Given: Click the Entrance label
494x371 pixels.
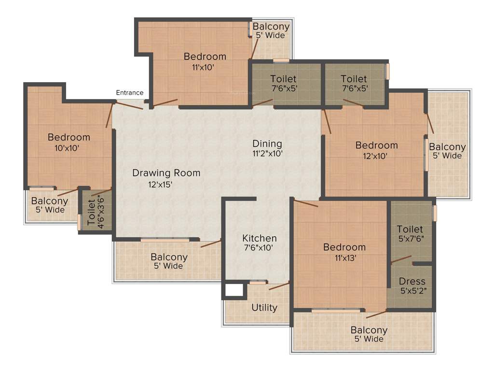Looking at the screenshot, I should click(x=129, y=93).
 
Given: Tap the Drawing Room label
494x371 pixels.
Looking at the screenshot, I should click(x=166, y=173).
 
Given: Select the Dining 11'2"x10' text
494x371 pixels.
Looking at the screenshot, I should click(x=267, y=148).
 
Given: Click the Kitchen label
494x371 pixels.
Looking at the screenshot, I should click(x=260, y=238).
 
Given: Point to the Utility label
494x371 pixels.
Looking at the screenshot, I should click(x=264, y=308).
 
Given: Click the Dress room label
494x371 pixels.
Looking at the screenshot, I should click(x=412, y=282).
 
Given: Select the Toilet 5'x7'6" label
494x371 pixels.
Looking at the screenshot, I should click(x=410, y=233).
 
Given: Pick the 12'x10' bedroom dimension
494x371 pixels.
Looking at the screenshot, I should click(x=376, y=156).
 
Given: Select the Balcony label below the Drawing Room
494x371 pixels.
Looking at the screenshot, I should click(x=168, y=261).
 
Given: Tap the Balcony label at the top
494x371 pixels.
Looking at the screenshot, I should click(x=271, y=30).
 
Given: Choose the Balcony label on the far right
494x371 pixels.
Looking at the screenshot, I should click(x=447, y=151).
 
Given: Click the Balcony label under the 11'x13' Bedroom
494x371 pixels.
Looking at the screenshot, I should click(x=369, y=334).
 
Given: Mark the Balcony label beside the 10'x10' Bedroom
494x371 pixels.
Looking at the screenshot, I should click(x=50, y=205).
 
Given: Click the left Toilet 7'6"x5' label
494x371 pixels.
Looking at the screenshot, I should click(x=283, y=83).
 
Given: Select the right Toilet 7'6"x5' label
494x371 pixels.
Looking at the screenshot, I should click(x=354, y=83).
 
